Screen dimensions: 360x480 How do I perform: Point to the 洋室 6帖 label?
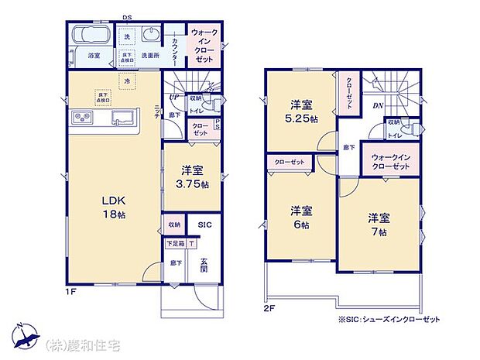point(301,218)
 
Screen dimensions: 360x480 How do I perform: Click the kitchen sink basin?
point(123,118)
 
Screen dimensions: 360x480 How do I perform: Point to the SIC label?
point(204,225)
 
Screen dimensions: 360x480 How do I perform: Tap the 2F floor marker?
point(270,308)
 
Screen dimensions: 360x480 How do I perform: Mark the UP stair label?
point(175,97)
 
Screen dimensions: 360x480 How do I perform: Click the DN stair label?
point(378,106)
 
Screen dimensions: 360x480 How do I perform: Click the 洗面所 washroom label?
point(150,56)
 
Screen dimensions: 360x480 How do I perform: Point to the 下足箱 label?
point(174,242)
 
